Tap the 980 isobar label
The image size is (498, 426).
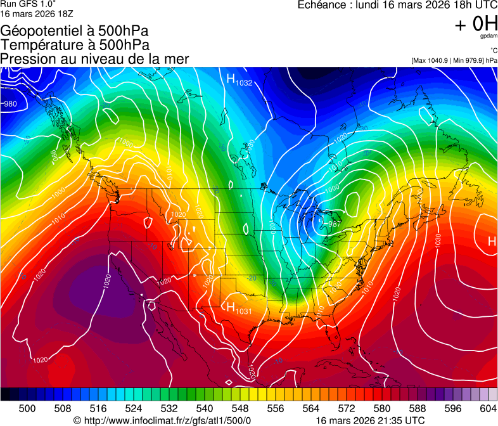[10, 104]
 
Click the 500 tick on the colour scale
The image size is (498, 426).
[27, 409]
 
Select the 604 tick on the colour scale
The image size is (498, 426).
[487, 409]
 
